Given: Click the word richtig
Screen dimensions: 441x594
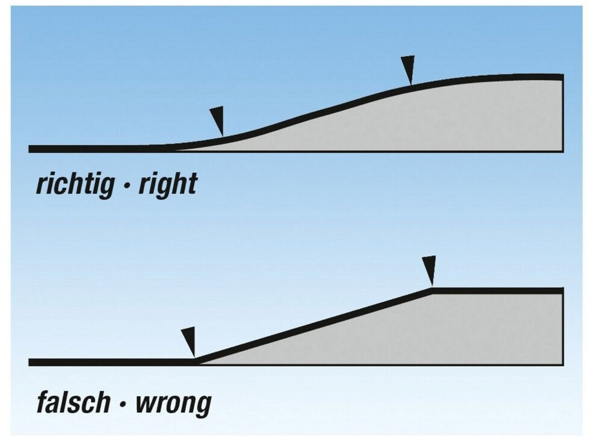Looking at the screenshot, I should coord(75,185).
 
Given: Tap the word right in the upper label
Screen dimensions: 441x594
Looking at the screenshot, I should coord(168,185).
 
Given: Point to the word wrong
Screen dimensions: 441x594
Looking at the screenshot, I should coord(173,402).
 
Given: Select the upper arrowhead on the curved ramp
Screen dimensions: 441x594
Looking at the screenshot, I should coord(408,69).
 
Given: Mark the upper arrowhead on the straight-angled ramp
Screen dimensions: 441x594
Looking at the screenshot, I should coord(428,270).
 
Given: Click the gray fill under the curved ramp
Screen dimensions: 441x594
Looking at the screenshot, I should coord(421,120).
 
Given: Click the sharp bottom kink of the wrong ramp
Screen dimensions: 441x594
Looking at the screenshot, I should coord(196,361).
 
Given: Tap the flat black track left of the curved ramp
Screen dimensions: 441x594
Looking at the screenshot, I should coord(90,148).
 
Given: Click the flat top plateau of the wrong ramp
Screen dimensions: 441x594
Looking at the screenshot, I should coord(500,290).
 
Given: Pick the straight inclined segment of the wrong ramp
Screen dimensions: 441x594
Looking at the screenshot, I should coord(313,326).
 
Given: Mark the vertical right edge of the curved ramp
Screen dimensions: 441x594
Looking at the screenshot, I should coord(563,114).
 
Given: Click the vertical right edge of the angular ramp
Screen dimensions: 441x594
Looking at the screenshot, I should coord(563,328).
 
